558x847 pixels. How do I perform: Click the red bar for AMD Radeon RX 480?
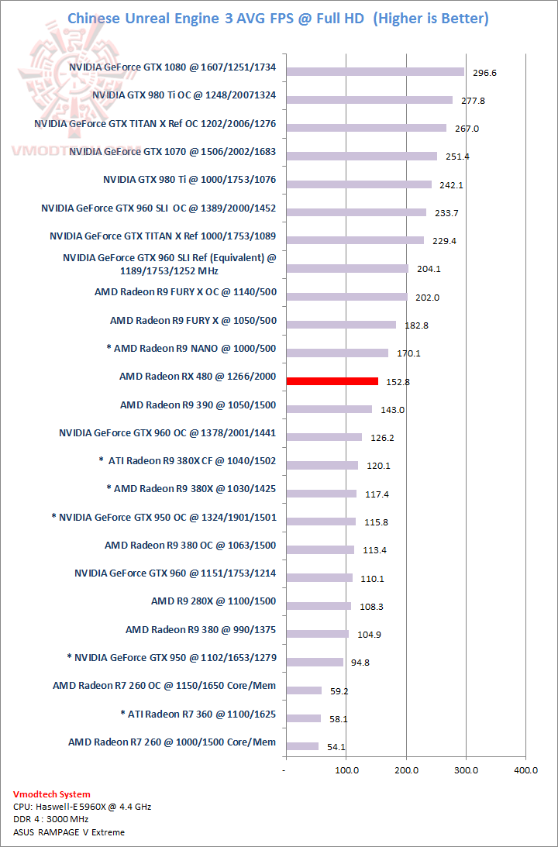pos(332,381)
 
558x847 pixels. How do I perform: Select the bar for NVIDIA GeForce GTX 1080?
pos(375,71)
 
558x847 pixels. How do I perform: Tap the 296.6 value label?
pos(484,73)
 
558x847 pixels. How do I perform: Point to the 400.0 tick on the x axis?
pos(525,770)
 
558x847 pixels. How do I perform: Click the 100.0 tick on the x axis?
pos(346,770)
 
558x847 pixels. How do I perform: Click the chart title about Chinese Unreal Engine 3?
pos(278,18)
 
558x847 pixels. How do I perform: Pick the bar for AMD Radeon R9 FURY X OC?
pos(346,297)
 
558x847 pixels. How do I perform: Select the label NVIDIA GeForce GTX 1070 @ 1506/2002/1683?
pos(173,152)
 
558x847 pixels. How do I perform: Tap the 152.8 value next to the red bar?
pos(398,382)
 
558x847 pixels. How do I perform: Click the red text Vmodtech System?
pos(51,794)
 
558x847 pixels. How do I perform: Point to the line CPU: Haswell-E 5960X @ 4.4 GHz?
pos(82,807)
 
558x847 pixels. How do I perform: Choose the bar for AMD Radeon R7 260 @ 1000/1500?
pos(302,746)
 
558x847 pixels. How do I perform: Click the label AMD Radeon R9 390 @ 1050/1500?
pos(198,405)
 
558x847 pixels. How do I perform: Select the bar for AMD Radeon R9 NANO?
pos(337,353)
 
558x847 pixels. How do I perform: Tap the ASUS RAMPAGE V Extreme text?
pos(69,832)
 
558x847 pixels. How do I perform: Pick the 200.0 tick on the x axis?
pos(406,770)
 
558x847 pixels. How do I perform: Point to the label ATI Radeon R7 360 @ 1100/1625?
pos(198,714)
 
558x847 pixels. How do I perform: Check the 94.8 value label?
pos(362,663)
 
